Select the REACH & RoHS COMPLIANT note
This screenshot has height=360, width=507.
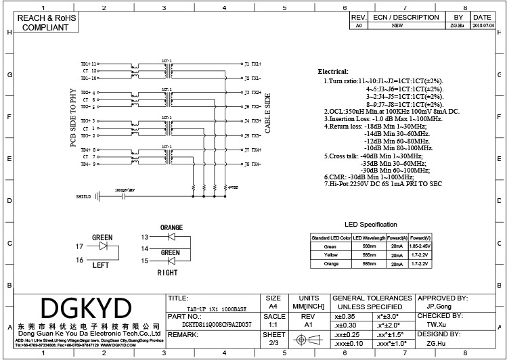[x=46, y=23]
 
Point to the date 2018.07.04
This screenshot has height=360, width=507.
[x=482, y=26]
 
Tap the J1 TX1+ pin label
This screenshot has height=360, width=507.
[x=252, y=64]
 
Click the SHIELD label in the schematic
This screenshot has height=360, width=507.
[x=84, y=197]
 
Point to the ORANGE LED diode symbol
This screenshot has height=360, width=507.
[x=171, y=236]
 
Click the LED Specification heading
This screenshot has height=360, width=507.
[x=370, y=225]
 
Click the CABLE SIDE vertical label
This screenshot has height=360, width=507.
[x=267, y=113]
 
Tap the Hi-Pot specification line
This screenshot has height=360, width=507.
[x=383, y=183]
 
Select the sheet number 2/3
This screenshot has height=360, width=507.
[x=273, y=343]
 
